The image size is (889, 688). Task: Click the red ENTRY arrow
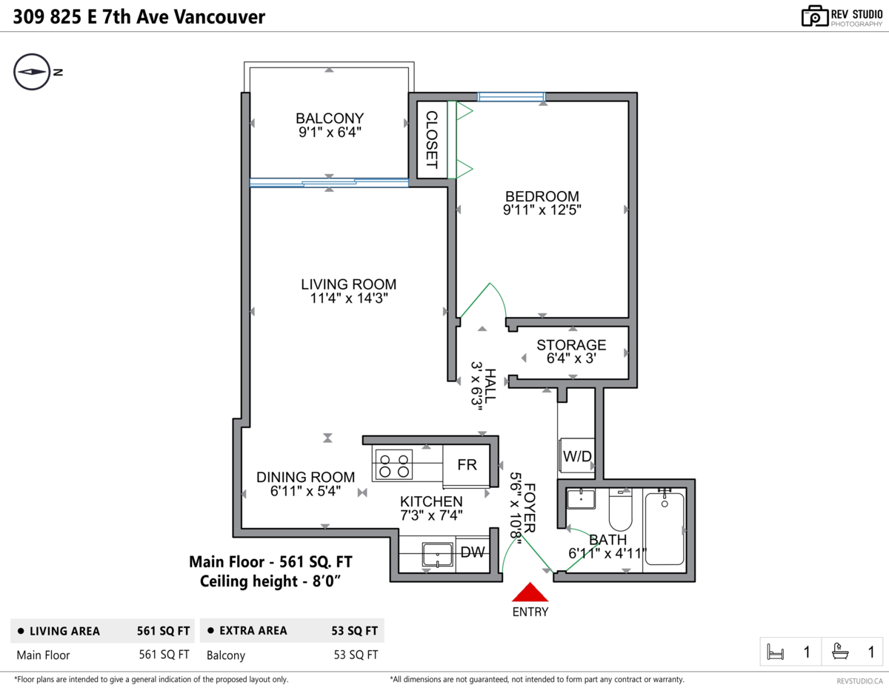(x=530, y=592)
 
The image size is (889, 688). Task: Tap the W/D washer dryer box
(x=576, y=456)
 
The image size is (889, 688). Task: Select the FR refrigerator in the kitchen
(x=467, y=465)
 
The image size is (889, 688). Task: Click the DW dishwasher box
(x=473, y=552)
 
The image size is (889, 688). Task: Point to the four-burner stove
(x=393, y=464)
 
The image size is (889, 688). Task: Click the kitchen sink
(x=438, y=554)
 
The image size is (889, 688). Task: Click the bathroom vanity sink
(x=582, y=498)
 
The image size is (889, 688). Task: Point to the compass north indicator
(x=32, y=72)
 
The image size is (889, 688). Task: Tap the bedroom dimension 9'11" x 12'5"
(x=542, y=210)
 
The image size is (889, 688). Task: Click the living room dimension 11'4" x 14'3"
(x=348, y=298)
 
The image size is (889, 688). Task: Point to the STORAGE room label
(x=571, y=345)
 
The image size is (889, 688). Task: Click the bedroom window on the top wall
(x=511, y=96)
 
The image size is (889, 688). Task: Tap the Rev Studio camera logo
(x=814, y=16)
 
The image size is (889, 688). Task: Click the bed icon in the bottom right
(x=776, y=652)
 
